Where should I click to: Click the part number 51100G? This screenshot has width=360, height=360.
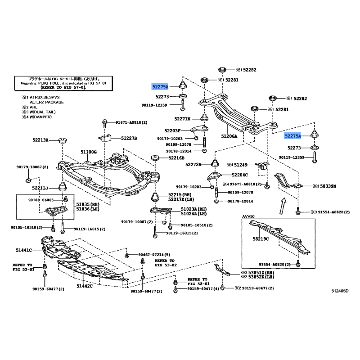(89, 152)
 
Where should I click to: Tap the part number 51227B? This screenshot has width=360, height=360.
(128, 138)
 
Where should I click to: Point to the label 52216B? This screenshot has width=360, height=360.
(176, 158)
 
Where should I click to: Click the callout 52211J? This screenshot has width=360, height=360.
(40, 188)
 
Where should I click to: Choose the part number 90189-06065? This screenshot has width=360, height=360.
(40, 199)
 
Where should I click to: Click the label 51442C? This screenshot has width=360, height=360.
(84, 286)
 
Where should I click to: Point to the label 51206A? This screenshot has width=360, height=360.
(229, 135)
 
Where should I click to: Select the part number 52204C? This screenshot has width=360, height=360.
(240, 175)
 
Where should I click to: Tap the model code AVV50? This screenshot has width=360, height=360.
(248, 217)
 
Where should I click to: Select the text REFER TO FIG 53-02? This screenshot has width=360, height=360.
(164, 262)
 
